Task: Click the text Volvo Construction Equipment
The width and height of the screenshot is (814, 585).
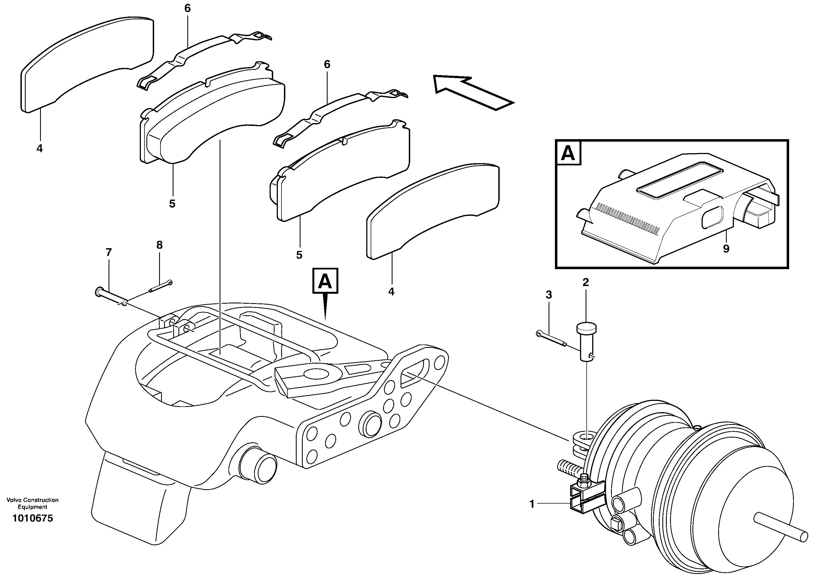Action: point(32,503)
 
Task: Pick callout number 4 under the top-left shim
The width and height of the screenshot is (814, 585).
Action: point(39,148)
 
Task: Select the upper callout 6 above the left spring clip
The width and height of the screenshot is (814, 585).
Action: point(187,8)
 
